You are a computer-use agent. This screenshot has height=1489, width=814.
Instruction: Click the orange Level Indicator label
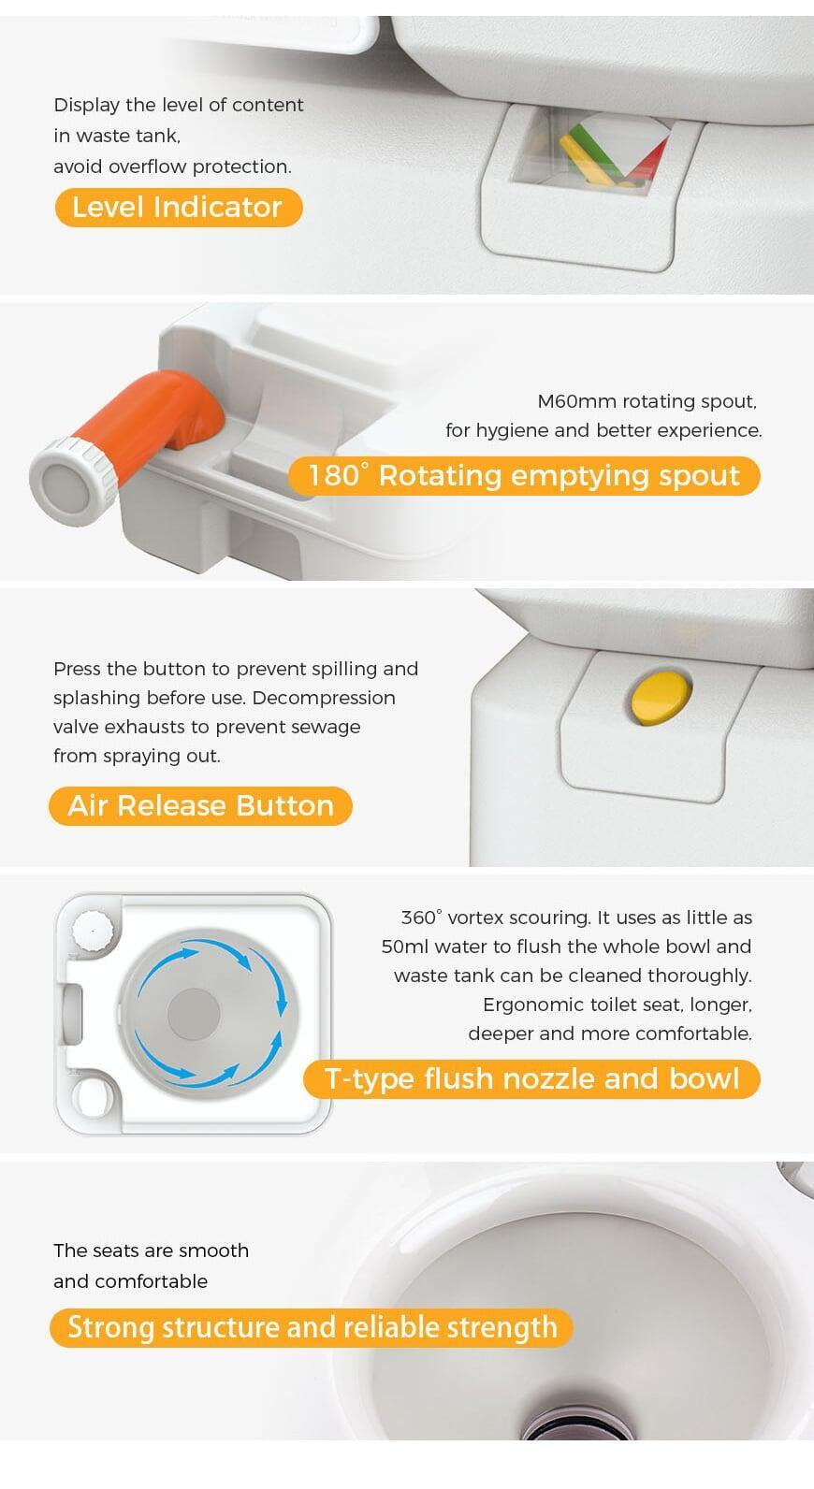point(178,208)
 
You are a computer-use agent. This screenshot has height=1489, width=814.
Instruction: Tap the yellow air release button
point(661,697)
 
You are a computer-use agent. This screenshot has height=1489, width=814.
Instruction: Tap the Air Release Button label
point(200,805)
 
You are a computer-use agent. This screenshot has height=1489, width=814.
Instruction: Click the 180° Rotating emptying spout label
point(524,476)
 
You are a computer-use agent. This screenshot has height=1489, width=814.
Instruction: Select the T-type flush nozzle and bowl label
point(531,1078)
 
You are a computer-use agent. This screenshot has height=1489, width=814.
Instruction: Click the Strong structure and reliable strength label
point(312,1327)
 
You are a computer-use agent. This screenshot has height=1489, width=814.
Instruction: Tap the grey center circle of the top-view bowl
point(194,1013)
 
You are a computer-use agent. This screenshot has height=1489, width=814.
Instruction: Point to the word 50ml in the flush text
point(407,947)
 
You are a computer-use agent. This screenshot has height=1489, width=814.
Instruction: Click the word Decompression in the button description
point(324,699)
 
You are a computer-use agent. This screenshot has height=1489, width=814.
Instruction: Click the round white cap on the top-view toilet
point(94,930)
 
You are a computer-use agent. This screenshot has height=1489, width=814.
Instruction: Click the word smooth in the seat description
point(213,1251)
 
